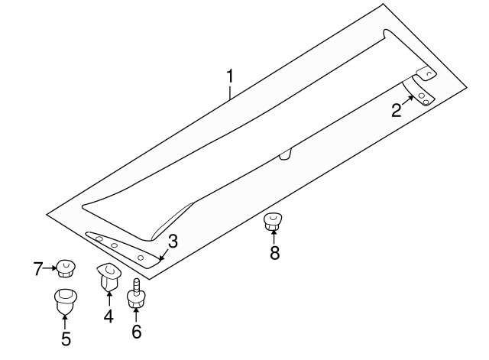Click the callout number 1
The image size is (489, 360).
[230, 76]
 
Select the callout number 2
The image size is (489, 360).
[397, 110]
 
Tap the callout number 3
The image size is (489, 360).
[173, 241]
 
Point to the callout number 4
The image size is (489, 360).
[108, 316]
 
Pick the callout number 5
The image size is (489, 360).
[66, 339]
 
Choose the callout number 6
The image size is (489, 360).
[137, 332]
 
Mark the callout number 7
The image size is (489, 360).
[37, 268]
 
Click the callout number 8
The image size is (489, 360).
[274, 253]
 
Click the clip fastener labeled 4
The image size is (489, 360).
[108, 277]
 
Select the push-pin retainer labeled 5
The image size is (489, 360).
[66, 301]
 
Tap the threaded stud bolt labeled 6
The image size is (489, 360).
[136, 293]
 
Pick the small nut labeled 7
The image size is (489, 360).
[66, 268]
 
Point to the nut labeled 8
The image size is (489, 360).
[273, 221]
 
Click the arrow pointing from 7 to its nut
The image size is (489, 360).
[50, 268]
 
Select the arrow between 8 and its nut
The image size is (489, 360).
[274, 237]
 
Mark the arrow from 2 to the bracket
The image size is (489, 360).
[407, 101]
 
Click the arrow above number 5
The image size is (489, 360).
[65, 322]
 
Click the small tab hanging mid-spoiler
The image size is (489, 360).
[285, 154]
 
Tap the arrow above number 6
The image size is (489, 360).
[136, 314]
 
